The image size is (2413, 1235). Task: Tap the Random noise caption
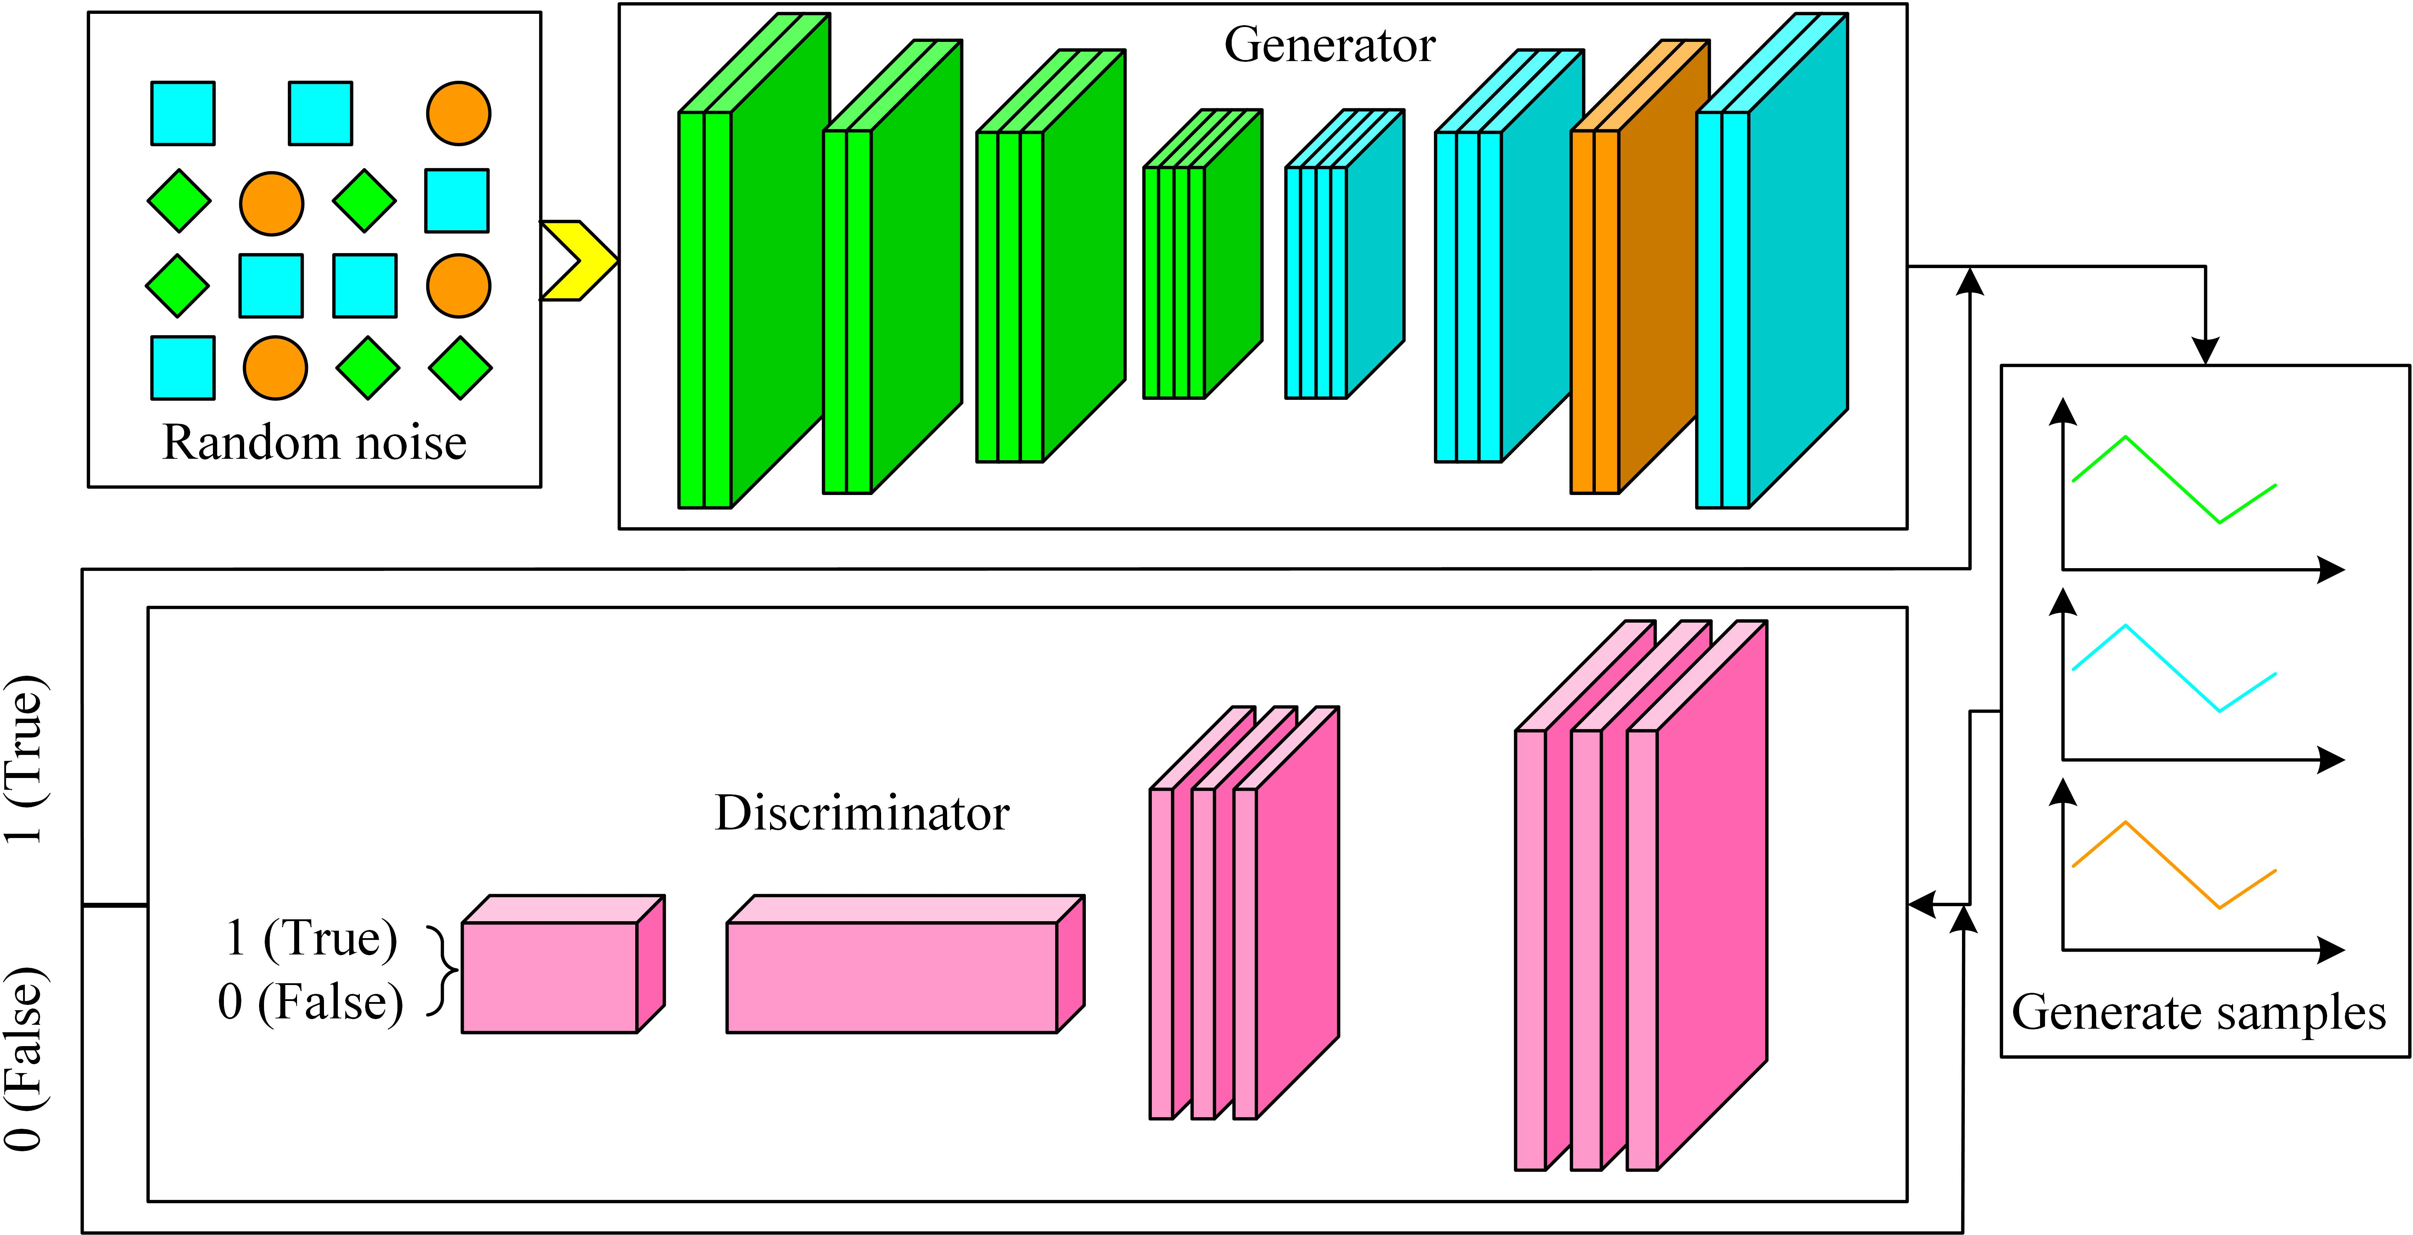pos(315,442)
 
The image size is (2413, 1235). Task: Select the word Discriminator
pos(862,812)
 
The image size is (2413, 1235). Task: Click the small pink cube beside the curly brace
pos(563,964)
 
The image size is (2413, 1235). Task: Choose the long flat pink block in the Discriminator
pos(905,964)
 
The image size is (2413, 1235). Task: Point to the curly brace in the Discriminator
pos(442,971)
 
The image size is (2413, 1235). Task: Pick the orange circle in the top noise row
pos(458,113)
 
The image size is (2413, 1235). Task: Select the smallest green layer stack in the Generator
pos(1203,254)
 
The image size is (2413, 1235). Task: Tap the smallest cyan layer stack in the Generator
pos(1344,254)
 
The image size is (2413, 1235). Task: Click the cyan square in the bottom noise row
pos(183,367)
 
